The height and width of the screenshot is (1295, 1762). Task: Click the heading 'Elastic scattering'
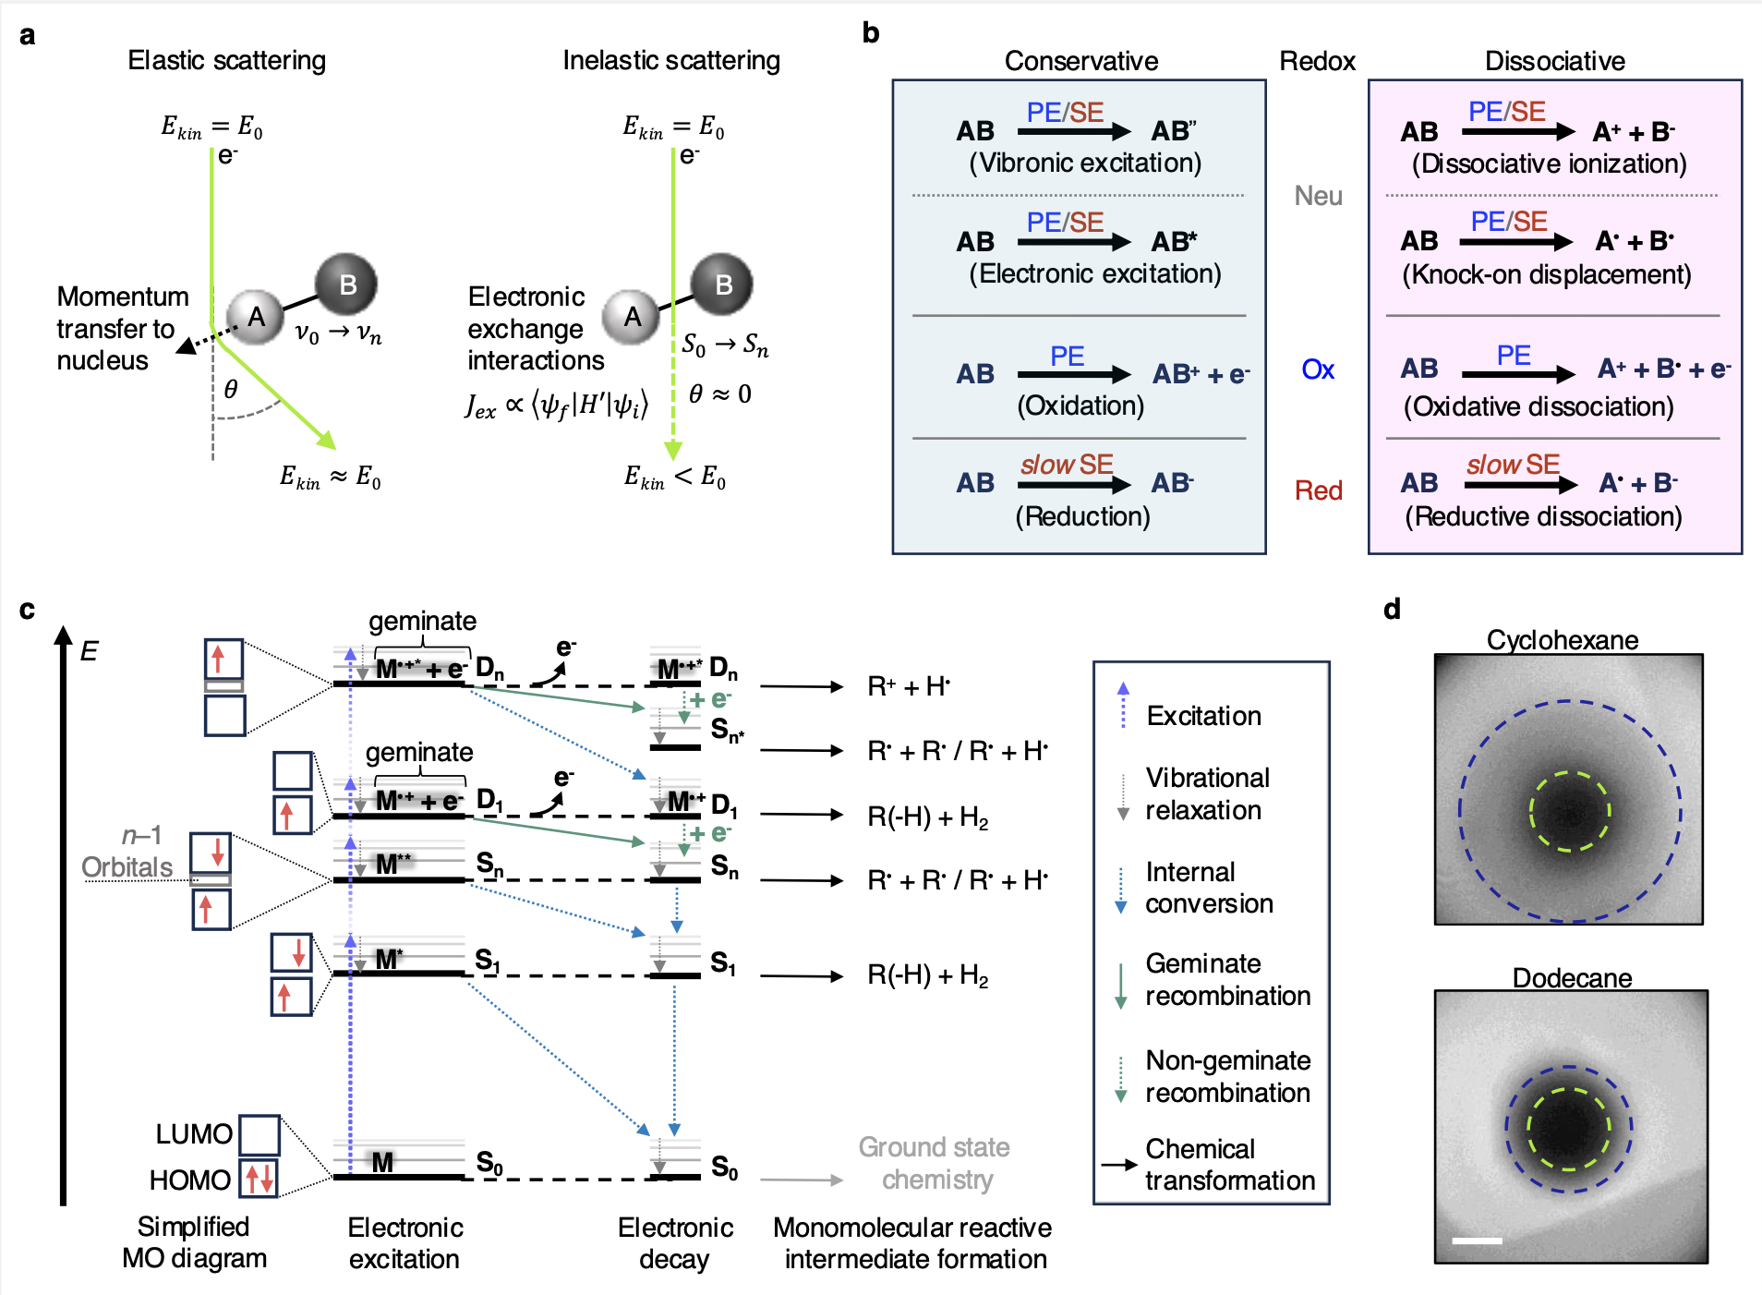pos(226,61)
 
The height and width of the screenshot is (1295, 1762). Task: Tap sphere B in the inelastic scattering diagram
pos(722,284)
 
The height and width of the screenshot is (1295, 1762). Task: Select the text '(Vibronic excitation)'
pos(1084,163)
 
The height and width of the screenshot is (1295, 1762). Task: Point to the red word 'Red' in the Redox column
pos(1318,490)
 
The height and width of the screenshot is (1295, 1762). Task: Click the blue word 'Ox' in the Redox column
pos(1318,370)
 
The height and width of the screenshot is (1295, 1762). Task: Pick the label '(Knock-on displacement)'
pos(1547,275)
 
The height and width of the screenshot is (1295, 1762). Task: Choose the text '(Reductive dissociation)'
pos(1543,516)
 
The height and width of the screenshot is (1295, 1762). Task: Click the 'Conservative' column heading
pos(1080,61)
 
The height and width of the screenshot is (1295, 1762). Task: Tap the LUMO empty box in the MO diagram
pos(259,1135)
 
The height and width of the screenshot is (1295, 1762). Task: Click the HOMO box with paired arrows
pos(259,1179)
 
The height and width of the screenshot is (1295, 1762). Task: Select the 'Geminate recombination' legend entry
pos(1227,980)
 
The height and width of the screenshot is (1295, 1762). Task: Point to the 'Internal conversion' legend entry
pos(1208,888)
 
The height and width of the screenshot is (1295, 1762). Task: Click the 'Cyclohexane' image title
pos(1562,640)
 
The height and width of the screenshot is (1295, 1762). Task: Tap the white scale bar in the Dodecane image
pos(1477,1241)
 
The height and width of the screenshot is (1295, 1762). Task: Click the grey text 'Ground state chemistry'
pos(935,1163)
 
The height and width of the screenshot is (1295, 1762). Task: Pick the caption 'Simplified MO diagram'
pos(194,1242)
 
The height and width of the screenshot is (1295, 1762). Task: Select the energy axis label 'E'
pos(89,651)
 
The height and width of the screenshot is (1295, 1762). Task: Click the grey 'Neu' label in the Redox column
pos(1318,196)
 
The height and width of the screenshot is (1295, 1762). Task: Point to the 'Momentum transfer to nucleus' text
pos(122,328)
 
